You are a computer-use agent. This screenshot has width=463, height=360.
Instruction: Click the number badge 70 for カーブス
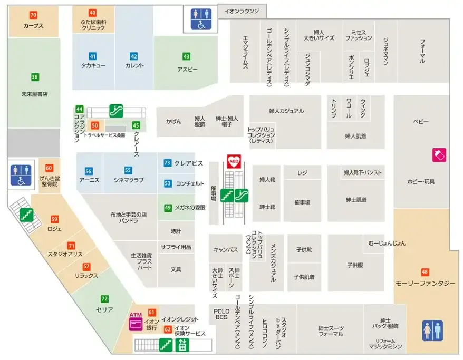click(x=33, y=15)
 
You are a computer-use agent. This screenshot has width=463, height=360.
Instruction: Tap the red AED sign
click(x=233, y=161)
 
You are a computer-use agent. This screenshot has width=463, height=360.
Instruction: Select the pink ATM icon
click(x=136, y=321)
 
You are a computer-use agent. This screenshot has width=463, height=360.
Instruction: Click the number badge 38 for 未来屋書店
click(x=35, y=77)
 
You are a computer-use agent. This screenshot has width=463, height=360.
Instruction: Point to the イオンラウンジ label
click(x=242, y=11)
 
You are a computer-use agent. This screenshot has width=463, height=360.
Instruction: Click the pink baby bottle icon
click(x=439, y=154)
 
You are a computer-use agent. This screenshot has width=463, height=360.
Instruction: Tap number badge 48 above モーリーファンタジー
click(x=425, y=272)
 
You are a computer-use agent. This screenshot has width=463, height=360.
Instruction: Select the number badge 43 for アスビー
click(x=186, y=56)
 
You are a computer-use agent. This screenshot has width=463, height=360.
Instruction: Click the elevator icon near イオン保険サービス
click(x=182, y=345)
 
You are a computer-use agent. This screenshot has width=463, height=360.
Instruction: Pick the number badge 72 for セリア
click(x=104, y=299)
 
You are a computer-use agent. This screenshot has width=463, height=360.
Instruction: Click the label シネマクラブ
click(x=128, y=180)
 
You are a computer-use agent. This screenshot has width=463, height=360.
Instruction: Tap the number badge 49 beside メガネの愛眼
click(x=167, y=207)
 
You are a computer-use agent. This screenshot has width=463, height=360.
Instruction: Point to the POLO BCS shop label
click(x=221, y=314)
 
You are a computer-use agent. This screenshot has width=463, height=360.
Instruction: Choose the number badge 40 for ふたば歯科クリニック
click(x=92, y=13)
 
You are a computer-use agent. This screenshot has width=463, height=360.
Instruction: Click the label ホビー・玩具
click(x=421, y=181)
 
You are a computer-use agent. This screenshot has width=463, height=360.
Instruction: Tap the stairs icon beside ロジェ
click(x=24, y=215)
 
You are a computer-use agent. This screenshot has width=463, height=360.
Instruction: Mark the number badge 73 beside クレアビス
click(x=167, y=163)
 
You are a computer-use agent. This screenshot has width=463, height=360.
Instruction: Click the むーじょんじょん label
click(x=388, y=244)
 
